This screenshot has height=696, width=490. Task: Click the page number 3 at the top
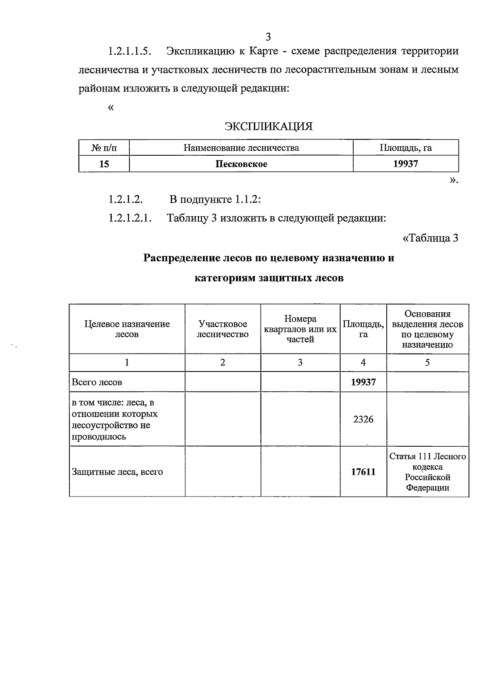tap(268, 37)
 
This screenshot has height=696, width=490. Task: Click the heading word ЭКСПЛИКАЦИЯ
tap(268, 127)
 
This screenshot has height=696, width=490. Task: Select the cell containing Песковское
tap(241, 164)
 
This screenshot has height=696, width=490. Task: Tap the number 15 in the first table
tap(104, 164)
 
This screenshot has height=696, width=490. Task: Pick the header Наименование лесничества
tap(241, 148)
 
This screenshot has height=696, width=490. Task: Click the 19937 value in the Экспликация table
tap(405, 164)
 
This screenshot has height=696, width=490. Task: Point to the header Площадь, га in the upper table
tap(405, 148)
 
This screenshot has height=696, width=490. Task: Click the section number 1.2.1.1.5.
tap(130, 51)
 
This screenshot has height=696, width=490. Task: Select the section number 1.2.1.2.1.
tap(130, 218)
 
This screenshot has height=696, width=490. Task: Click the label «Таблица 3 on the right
tap(430, 238)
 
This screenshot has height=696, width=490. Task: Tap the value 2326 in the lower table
tap(363, 419)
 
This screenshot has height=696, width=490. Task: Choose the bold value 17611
tap(363, 472)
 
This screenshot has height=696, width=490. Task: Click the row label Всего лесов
tap(97, 383)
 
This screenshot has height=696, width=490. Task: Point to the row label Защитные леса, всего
tap(117, 472)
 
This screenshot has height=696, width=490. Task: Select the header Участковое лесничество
tap(223, 329)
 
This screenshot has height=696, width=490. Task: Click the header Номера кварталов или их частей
tap(300, 329)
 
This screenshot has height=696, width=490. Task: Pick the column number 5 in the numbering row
tap(428, 363)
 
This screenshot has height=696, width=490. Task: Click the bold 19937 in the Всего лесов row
tap(363, 383)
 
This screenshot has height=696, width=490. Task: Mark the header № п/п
tap(104, 148)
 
